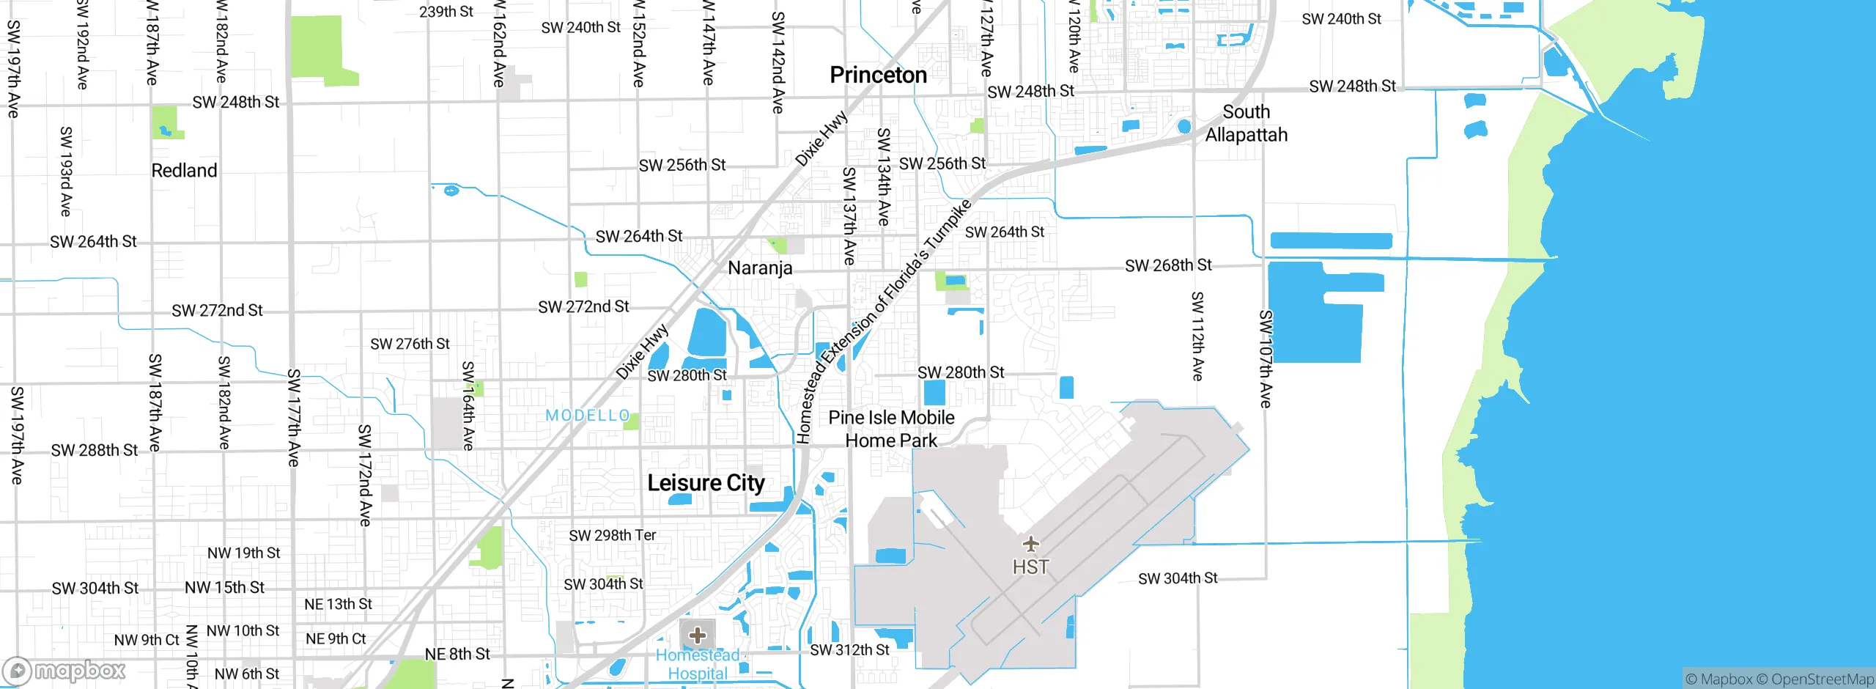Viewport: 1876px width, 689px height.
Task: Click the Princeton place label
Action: click(878, 75)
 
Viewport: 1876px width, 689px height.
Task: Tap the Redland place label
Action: click(184, 171)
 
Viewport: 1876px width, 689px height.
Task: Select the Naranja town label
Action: click(760, 268)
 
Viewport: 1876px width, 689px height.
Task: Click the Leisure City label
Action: click(706, 483)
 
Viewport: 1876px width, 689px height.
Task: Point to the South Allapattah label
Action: click(1246, 123)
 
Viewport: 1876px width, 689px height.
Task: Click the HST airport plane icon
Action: click(1031, 544)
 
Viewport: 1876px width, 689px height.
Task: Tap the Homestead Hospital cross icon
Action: click(698, 635)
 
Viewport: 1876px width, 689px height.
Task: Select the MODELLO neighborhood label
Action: click(588, 416)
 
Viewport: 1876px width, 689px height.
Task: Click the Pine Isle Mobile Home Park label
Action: click(891, 429)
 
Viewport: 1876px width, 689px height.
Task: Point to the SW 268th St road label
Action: click(1168, 265)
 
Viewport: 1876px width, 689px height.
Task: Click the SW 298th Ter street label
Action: click(612, 536)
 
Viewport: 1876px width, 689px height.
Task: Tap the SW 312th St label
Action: click(849, 650)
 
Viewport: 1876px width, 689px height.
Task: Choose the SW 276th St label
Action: click(410, 344)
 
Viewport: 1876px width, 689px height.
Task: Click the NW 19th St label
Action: click(243, 553)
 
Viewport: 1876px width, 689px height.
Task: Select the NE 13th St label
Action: click(338, 605)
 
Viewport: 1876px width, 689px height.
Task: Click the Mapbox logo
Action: click(64, 671)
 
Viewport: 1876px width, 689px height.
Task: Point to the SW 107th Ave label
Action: click(1266, 358)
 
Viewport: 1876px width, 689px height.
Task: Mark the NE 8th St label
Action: click(457, 654)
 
